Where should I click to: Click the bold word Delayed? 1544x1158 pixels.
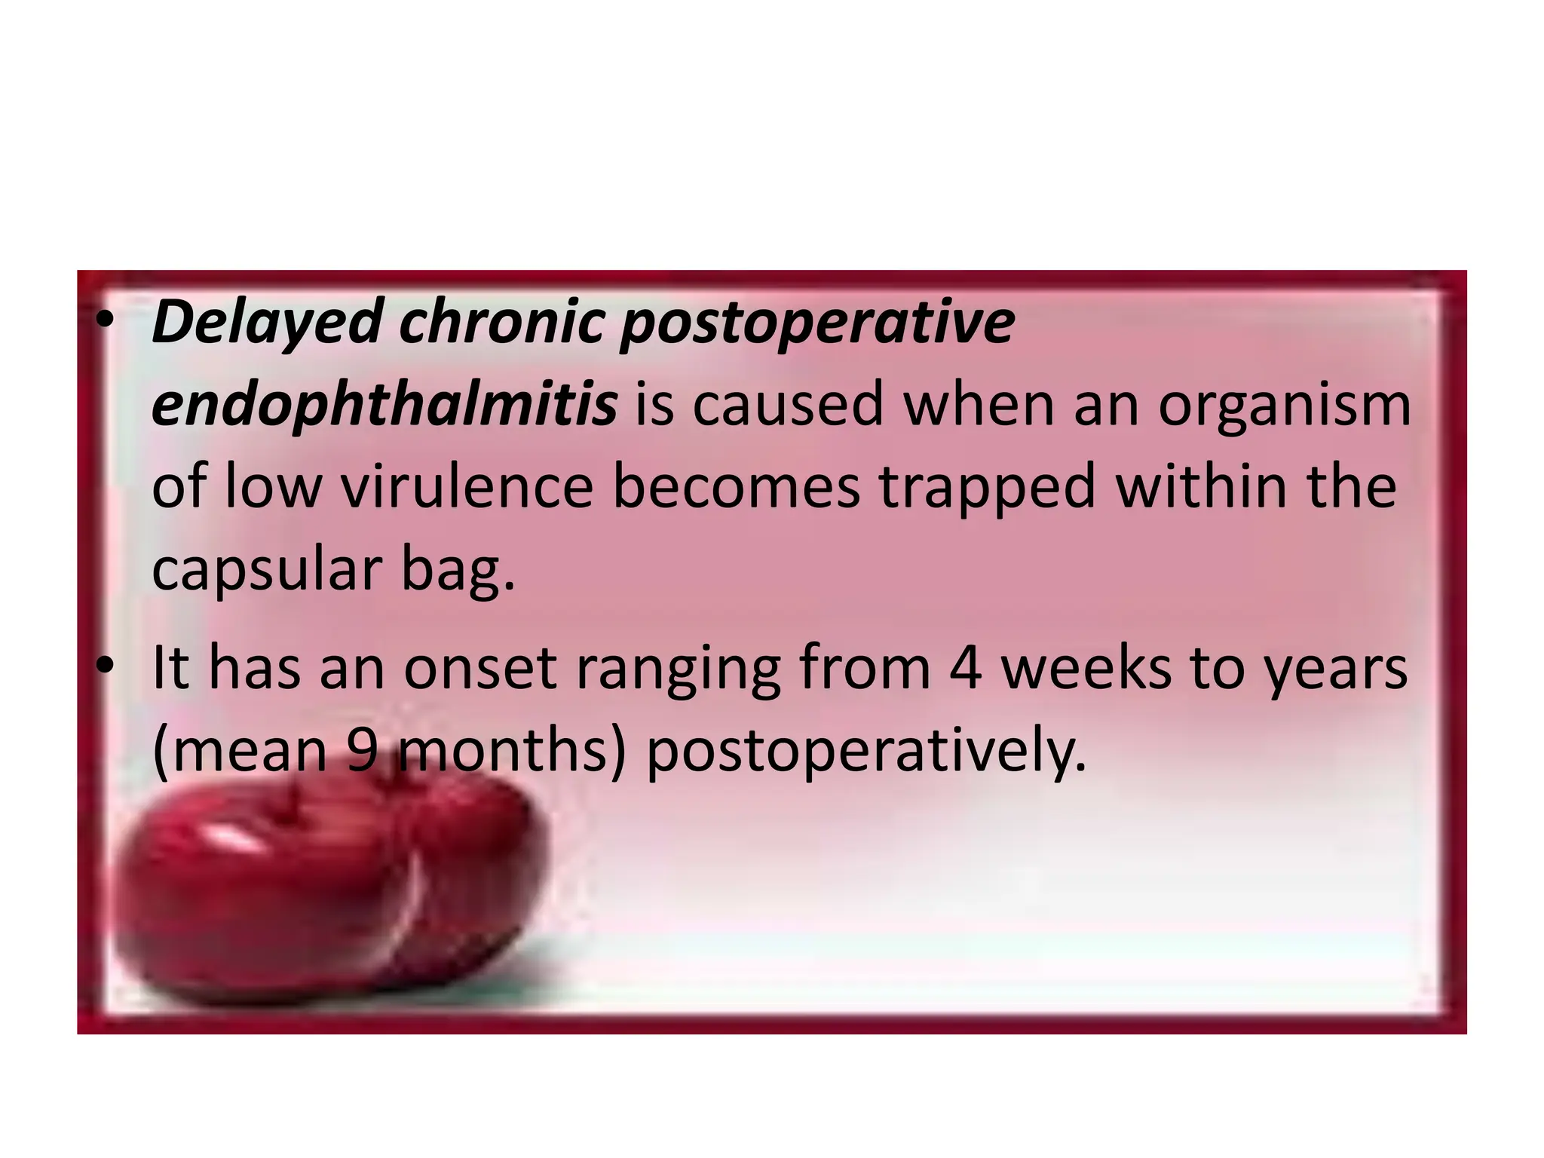pos(267,322)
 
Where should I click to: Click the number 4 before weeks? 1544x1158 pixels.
pos(966,667)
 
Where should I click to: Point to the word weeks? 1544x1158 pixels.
pos(1086,667)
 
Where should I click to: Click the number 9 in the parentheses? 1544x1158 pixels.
pos(363,751)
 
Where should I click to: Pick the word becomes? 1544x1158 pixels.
pos(736,487)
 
